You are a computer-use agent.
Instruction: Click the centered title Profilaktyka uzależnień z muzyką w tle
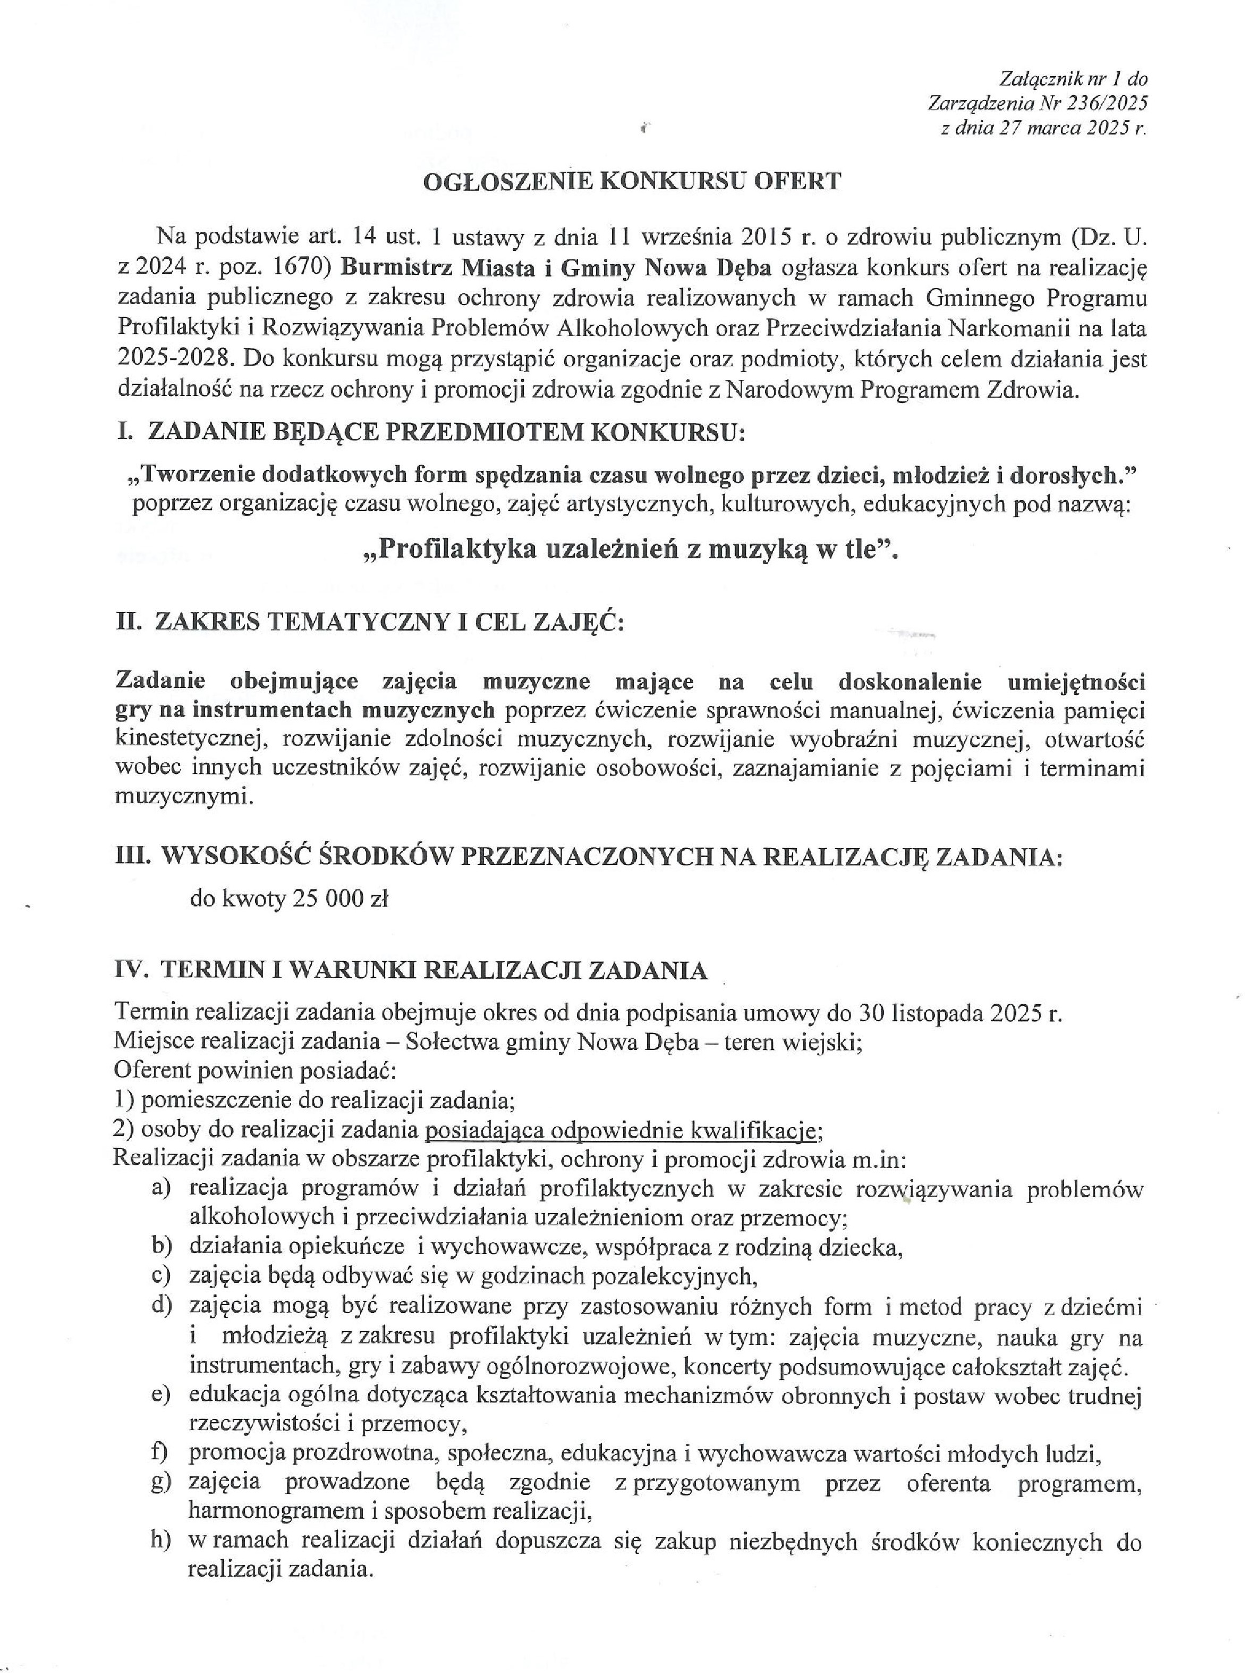(631, 550)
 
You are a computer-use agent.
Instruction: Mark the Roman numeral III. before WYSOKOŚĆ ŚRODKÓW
(134, 855)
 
